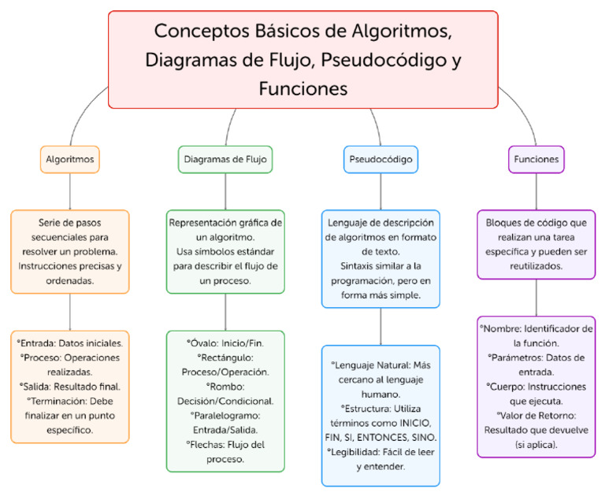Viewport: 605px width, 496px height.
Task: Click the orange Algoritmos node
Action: pos(70,159)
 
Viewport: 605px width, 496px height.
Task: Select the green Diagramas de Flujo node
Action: pos(225,159)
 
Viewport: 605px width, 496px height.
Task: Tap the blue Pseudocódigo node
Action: pos(381,159)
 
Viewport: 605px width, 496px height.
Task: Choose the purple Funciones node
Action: pos(536,159)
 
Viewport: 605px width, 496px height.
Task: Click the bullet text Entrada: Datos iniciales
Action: pos(70,344)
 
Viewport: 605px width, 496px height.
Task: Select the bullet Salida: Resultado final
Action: pos(70,387)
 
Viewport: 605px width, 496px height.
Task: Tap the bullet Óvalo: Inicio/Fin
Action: pos(225,344)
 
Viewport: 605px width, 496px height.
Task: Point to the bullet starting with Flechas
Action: pos(225,444)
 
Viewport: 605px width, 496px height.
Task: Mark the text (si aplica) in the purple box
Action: pos(536,444)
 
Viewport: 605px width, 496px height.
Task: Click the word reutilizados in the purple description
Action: pos(536,266)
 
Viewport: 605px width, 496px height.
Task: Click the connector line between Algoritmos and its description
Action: pos(70,191)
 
